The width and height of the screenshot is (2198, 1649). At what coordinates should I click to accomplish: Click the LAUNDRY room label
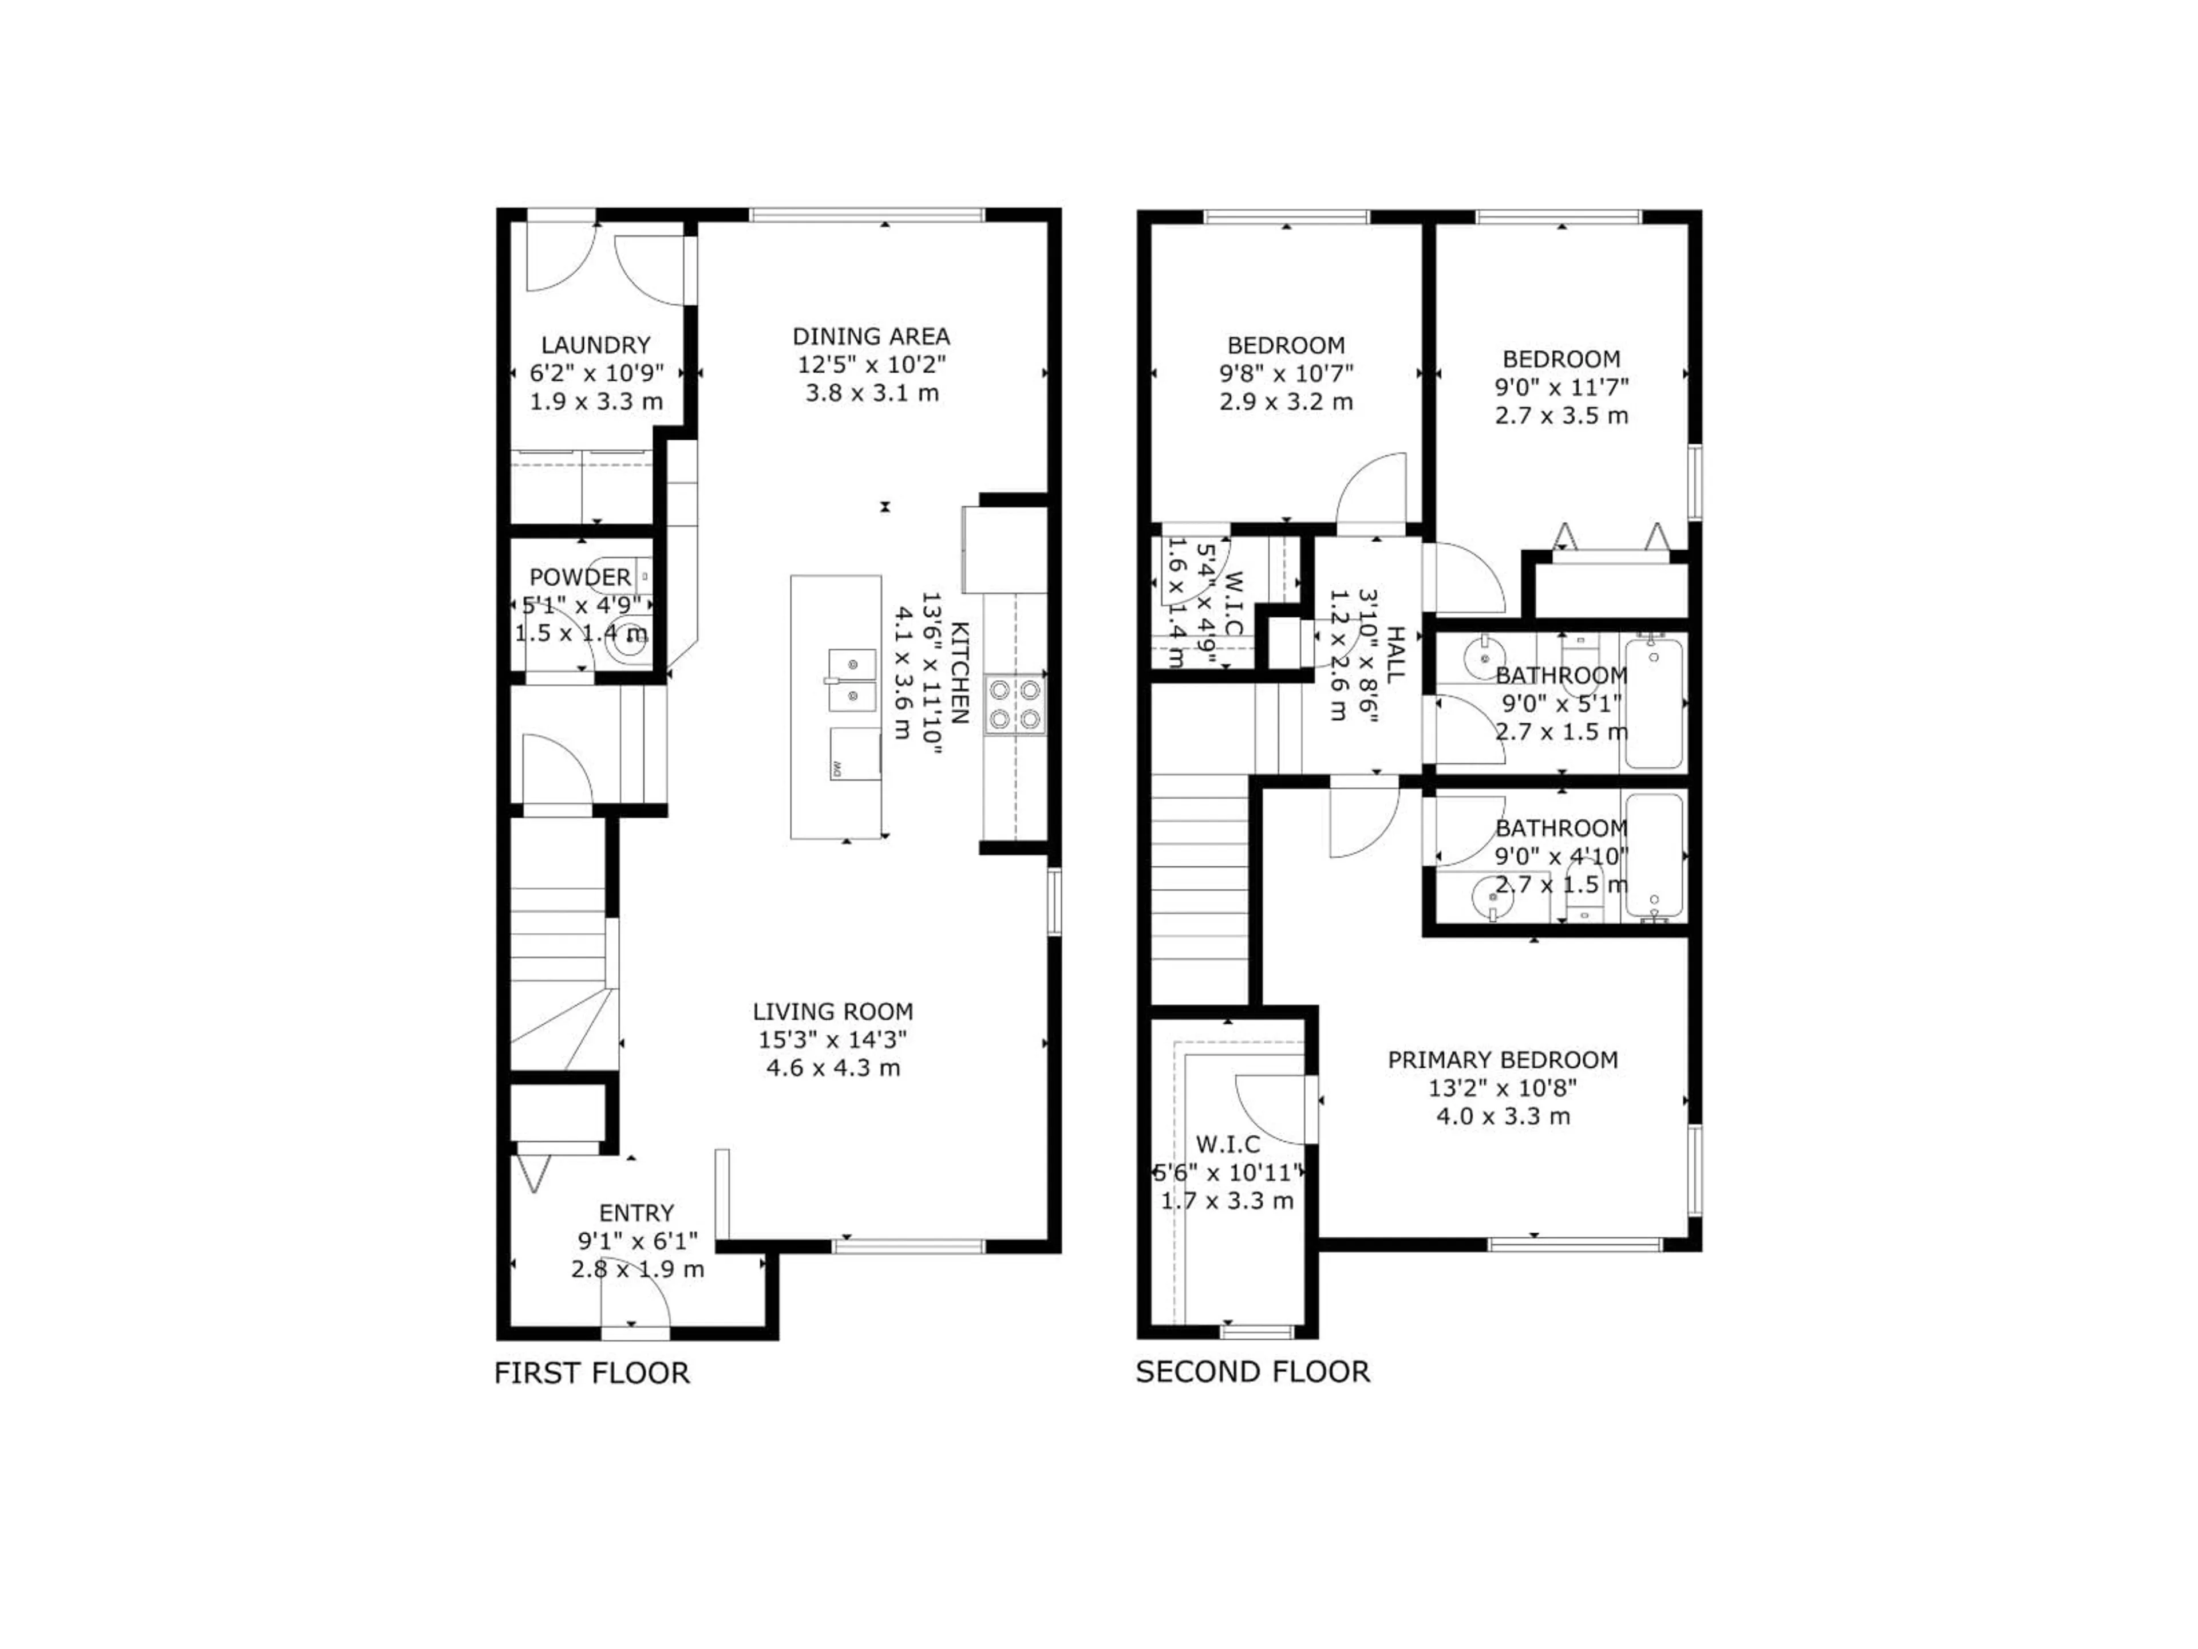click(x=595, y=345)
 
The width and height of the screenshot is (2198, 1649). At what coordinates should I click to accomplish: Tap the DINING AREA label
click(x=871, y=336)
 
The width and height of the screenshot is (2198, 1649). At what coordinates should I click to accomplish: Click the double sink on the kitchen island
click(x=852, y=680)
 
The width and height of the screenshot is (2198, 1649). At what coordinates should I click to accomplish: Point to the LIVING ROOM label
click(x=833, y=1012)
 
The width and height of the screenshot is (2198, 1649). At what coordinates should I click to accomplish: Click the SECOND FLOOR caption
click(x=1252, y=1372)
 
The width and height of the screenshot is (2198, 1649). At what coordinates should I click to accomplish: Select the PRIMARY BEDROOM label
click(x=1503, y=1060)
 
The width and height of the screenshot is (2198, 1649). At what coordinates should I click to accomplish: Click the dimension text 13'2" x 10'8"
click(x=1503, y=1087)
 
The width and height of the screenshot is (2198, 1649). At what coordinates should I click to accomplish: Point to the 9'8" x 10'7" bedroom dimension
click(x=1286, y=374)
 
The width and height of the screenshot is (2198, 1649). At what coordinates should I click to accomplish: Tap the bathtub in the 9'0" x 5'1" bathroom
click(x=1654, y=704)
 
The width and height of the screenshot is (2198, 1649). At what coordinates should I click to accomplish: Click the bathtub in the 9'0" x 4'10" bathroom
click(x=1654, y=855)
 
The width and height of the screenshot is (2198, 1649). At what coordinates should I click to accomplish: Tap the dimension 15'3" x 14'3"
click(x=833, y=1040)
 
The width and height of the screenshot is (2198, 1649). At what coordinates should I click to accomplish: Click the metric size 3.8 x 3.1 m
click(x=871, y=393)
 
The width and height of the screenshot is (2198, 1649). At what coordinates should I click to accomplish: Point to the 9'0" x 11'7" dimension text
click(x=1561, y=386)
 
